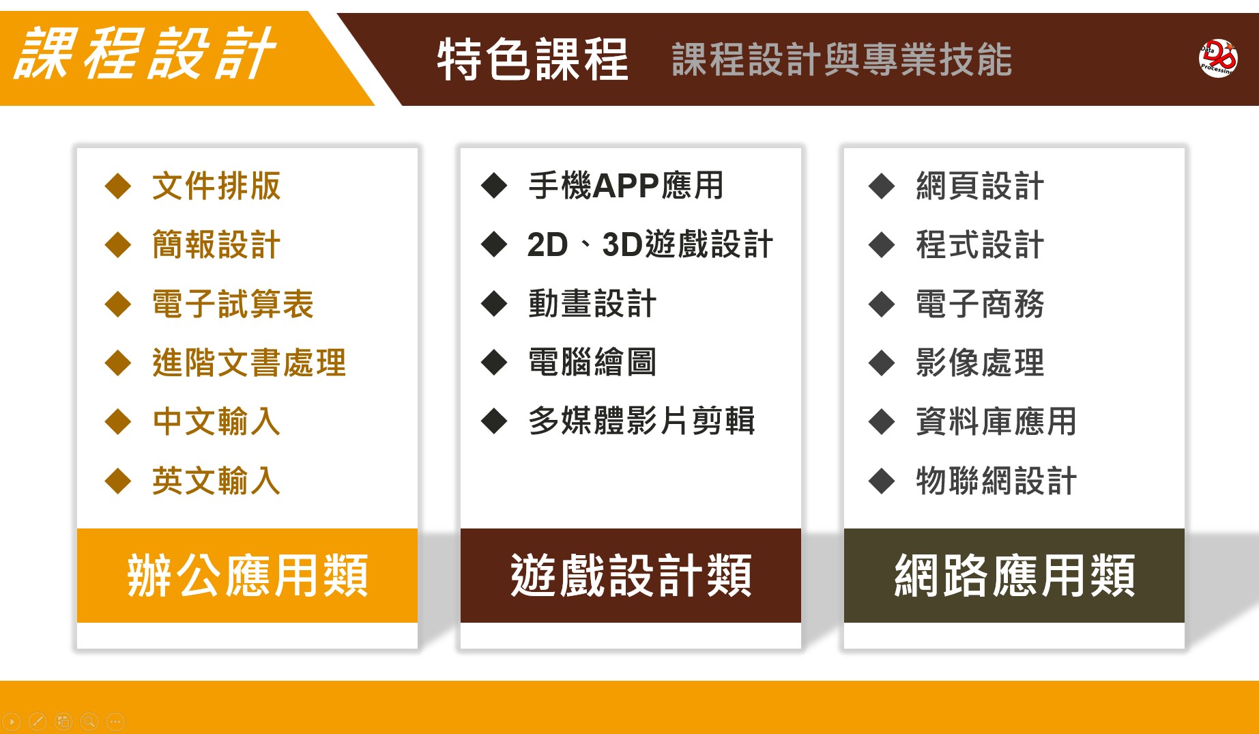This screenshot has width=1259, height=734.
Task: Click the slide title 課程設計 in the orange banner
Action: click(x=144, y=53)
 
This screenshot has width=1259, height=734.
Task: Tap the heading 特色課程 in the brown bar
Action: click(x=532, y=59)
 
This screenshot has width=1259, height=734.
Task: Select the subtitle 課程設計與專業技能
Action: click(x=841, y=59)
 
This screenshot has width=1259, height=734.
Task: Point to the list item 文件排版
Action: click(x=216, y=186)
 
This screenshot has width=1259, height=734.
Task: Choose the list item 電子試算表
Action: click(x=233, y=304)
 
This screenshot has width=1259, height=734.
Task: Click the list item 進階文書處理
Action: click(x=249, y=363)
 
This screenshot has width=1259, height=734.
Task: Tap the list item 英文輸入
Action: click(x=216, y=481)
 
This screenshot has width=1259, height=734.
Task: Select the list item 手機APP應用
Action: click(x=626, y=186)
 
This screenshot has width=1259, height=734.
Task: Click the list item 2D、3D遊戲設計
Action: click(x=650, y=244)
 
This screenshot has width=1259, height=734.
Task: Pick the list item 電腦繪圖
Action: click(x=592, y=363)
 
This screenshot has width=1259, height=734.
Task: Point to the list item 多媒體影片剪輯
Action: click(x=641, y=421)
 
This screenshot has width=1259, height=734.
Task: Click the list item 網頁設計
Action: click(x=980, y=186)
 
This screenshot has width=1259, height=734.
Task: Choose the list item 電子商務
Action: click(x=980, y=304)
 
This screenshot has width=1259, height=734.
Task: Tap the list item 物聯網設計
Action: click(x=996, y=481)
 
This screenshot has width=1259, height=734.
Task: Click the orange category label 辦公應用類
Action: click(x=247, y=576)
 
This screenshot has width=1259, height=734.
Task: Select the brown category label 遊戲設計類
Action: click(x=631, y=576)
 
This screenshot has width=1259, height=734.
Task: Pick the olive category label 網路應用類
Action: click(x=1014, y=576)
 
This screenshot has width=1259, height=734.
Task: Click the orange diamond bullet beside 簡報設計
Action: click(x=118, y=244)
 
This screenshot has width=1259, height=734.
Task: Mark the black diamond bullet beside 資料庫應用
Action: click(x=882, y=421)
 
